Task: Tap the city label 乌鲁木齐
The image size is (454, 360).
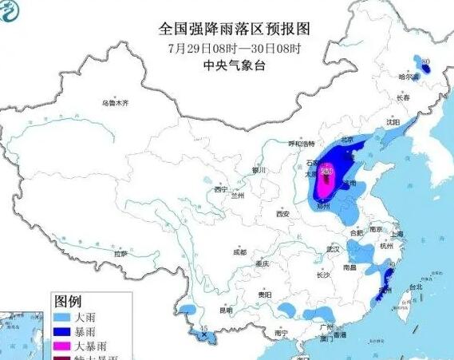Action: coord(114,103)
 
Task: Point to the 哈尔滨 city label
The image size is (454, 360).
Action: coord(408,77)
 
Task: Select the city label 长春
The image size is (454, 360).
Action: coord(403,97)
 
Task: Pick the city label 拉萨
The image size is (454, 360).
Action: coord(120,253)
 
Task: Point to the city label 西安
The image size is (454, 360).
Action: coord(282,214)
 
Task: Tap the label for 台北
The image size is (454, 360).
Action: coord(415,286)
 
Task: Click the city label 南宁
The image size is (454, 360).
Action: coord(279,332)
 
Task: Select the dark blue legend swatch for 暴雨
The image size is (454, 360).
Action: coord(65,333)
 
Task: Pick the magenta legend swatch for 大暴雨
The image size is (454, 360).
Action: coord(65,347)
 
